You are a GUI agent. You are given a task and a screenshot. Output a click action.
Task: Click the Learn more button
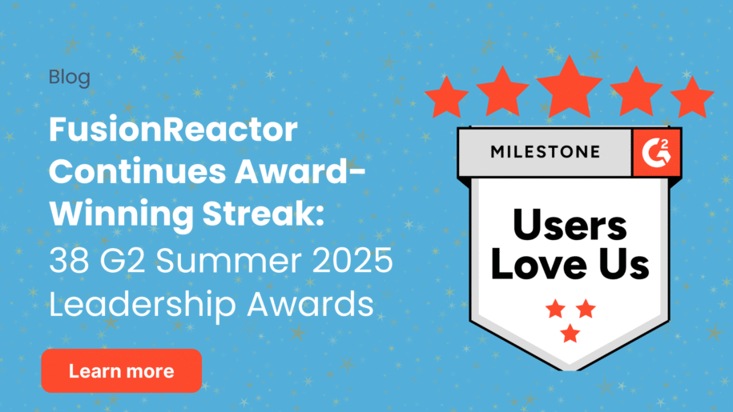click(122, 370)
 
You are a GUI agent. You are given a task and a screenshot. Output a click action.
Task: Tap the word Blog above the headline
click(70, 78)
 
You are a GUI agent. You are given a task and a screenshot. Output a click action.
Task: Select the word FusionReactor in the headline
click(173, 130)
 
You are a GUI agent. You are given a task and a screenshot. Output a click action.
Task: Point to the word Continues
click(138, 172)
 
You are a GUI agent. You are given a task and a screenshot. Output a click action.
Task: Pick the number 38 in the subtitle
click(69, 260)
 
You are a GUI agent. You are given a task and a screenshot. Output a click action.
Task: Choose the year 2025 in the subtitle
click(352, 260)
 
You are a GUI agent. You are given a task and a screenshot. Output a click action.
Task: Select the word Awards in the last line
click(310, 304)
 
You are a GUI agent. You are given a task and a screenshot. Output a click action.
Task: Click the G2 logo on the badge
click(656, 153)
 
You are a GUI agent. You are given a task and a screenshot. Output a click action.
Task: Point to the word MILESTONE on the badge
click(545, 152)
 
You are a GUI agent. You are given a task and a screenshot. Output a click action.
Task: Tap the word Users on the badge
click(570, 226)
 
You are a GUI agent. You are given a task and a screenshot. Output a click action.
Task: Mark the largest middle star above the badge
click(570, 89)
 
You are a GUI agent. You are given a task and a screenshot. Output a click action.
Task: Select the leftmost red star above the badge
click(446, 97)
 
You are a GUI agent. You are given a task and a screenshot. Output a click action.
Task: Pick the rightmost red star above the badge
click(692, 97)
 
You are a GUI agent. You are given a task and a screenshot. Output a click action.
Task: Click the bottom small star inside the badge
click(570, 334)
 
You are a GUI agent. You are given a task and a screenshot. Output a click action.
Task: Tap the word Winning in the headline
click(121, 215)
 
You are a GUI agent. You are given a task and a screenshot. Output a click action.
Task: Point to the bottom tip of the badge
click(570, 370)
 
